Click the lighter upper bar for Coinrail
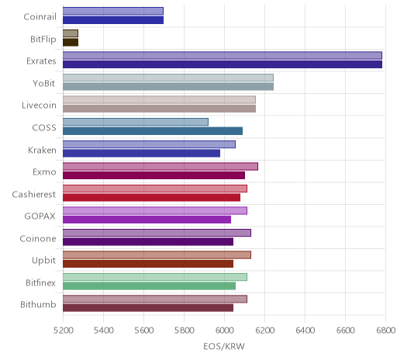click(x=113, y=11)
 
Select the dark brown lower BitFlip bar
click(x=71, y=43)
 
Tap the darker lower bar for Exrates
click(x=223, y=64)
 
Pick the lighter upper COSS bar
click(x=136, y=122)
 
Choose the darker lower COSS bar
click(x=153, y=131)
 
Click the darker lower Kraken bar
click(x=142, y=154)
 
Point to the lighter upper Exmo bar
click(x=161, y=167)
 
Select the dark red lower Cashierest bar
click(x=152, y=198)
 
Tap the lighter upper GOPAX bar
click(x=155, y=211)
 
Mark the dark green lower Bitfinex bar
click(x=150, y=286)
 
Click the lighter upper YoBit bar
click(x=168, y=78)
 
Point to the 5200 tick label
click(x=63, y=331)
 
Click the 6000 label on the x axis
click(x=224, y=331)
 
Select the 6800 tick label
click(x=386, y=331)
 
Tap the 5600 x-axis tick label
click(x=144, y=331)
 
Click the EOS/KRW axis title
click(x=224, y=347)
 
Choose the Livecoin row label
click(x=39, y=106)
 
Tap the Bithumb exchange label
click(x=38, y=304)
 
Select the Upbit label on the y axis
click(x=43, y=261)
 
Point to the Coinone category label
click(x=38, y=238)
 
